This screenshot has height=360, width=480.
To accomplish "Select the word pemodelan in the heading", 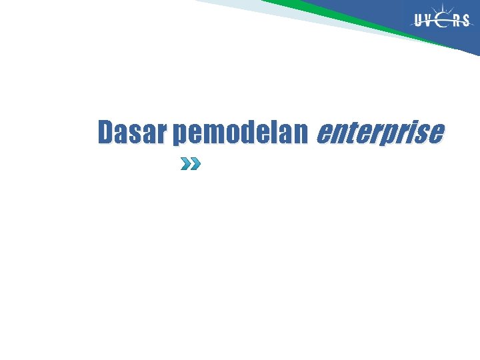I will pyautogui.click(x=239, y=133).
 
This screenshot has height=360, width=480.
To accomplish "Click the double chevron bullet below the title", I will pyautogui.click(x=191, y=163).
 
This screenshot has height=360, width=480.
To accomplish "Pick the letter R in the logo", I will pyautogui.click(x=457, y=21).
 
